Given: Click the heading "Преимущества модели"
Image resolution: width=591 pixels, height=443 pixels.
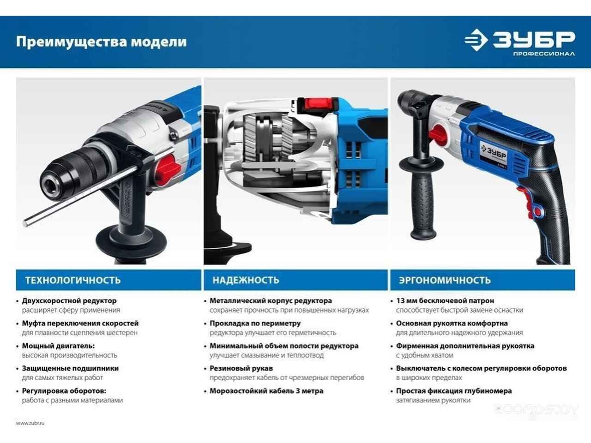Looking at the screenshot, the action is [x=101, y=42].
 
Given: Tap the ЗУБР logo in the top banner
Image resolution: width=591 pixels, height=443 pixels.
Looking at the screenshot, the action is [x=519, y=40].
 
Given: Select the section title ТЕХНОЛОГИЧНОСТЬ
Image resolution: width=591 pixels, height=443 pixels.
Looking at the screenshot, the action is [x=73, y=280].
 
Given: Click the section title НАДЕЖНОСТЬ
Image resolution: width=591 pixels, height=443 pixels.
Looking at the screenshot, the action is [x=246, y=280].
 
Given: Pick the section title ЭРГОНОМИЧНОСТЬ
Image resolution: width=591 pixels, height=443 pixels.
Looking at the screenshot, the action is [x=445, y=280].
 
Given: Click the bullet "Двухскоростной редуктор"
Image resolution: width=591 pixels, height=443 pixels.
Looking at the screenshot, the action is [x=69, y=301].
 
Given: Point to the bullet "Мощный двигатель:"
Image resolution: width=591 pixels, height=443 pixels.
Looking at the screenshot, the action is [x=59, y=346].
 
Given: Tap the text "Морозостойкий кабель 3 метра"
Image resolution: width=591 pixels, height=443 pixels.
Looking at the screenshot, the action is [x=266, y=391].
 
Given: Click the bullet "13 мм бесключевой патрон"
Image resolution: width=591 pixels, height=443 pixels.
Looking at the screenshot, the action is [x=445, y=301].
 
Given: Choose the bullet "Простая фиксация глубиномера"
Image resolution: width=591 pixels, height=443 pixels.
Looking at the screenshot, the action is [x=454, y=391].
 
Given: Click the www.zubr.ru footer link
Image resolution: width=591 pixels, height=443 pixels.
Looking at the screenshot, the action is [x=30, y=423].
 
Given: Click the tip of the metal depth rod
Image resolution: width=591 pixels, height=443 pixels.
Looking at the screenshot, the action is [x=25, y=223].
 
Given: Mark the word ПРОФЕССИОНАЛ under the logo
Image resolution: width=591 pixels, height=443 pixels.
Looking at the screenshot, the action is [x=544, y=54].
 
